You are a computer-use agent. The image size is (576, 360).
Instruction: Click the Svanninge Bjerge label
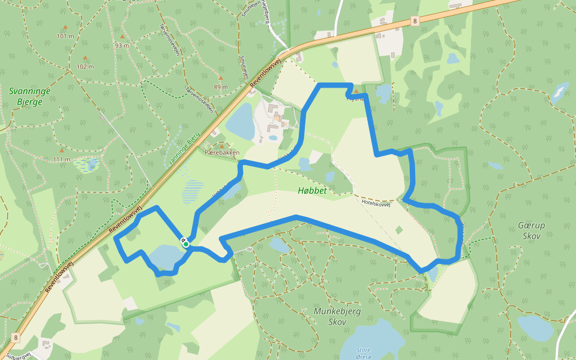pyautogui.click(x=29, y=97)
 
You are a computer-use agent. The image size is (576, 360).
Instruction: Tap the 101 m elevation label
pyautogui.click(x=65, y=36)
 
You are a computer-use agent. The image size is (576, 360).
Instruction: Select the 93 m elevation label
pyautogui.click(x=122, y=45)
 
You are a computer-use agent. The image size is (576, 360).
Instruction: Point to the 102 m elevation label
pyautogui.click(x=85, y=66)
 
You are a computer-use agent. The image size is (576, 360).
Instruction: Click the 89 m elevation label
pyautogui.click(x=220, y=87)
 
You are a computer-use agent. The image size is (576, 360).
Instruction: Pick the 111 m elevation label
pyautogui.click(x=61, y=159)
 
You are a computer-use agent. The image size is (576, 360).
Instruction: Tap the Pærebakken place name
pyautogui.click(x=222, y=152)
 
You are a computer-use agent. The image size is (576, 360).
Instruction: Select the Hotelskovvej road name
pyautogui.click(x=376, y=203)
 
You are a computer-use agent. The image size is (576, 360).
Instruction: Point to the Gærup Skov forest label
pyautogui.click(x=530, y=230)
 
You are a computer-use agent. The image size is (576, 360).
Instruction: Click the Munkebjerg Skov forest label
pyautogui.click(x=330, y=316)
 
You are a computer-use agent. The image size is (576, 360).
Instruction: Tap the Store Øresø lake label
pyautogui.click(x=364, y=352)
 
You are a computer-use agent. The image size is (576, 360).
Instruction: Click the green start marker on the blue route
pyautogui.click(x=186, y=244)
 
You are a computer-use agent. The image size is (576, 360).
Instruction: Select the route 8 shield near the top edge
pyautogui.click(x=415, y=21)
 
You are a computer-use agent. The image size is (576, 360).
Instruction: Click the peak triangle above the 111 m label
pyautogui.click(x=61, y=150)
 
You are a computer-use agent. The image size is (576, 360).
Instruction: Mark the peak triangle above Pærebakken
pyautogui.click(x=221, y=145)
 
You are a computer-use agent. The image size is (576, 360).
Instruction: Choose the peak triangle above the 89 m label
pyautogui.click(x=220, y=79)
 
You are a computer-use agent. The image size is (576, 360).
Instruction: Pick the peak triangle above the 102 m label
pyautogui.click(x=85, y=58)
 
